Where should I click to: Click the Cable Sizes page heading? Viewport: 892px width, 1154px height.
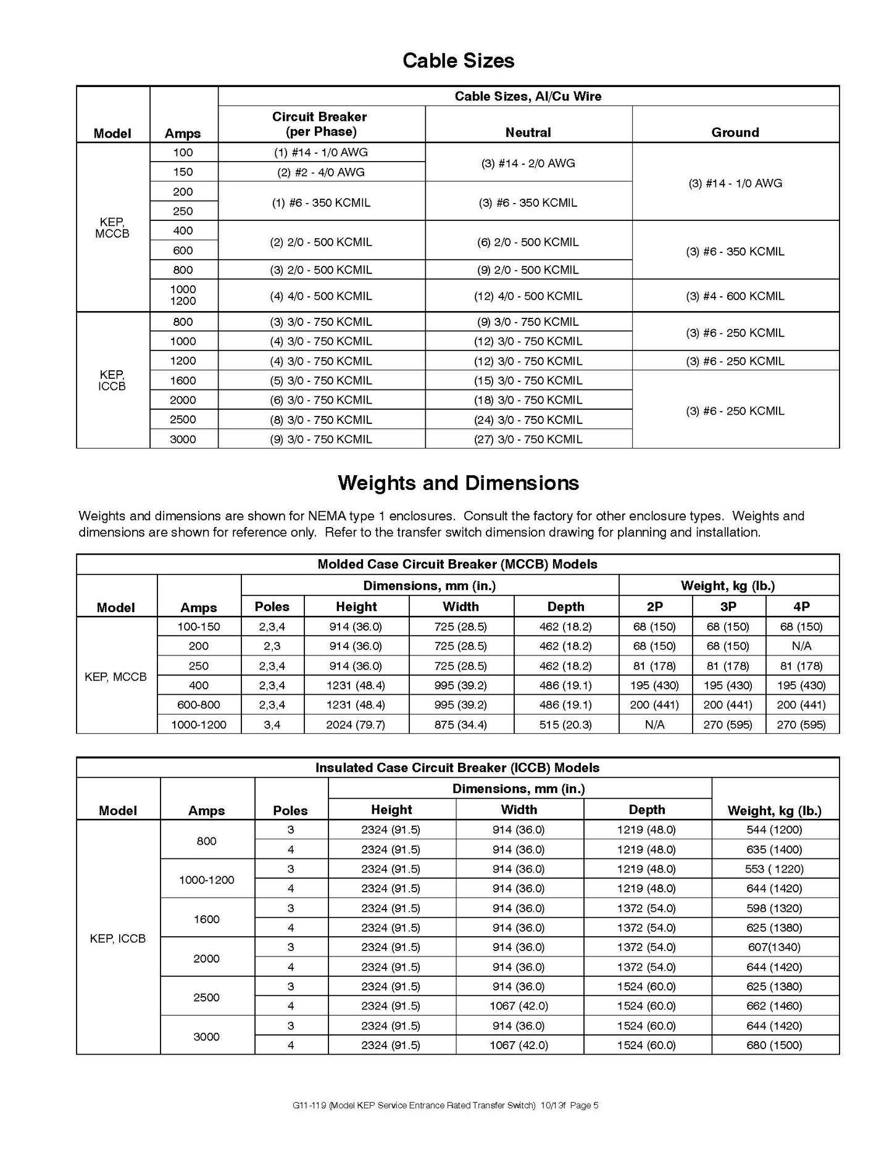tap(458, 60)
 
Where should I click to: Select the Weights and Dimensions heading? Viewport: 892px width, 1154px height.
tap(458, 483)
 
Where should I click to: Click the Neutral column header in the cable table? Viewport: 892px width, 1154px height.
tap(528, 132)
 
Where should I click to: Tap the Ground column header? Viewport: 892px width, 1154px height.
tap(735, 132)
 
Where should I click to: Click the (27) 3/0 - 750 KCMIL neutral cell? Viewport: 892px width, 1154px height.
tap(528, 439)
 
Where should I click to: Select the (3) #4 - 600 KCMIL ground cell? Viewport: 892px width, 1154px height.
tap(735, 296)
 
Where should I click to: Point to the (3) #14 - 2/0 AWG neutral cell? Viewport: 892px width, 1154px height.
tap(528, 164)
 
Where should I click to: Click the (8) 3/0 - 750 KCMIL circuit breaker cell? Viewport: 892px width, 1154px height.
tap(320, 420)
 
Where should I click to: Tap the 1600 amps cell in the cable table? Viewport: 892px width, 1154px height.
tap(183, 381)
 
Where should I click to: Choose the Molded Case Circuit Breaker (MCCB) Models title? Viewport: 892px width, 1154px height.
tap(457, 564)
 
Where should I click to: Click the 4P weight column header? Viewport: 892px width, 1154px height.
tap(801, 607)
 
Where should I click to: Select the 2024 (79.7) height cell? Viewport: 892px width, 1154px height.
tap(356, 724)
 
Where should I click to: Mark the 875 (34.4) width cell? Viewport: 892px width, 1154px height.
tap(461, 724)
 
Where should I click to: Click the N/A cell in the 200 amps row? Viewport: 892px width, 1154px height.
tap(801, 646)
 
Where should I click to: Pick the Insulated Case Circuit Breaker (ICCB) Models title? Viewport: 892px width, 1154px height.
tap(457, 768)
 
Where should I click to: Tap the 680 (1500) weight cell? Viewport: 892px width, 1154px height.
tap(774, 1045)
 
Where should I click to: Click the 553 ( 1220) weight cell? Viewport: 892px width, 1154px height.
tap(774, 869)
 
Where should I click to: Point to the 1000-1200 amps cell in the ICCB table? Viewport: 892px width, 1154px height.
tap(207, 879)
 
